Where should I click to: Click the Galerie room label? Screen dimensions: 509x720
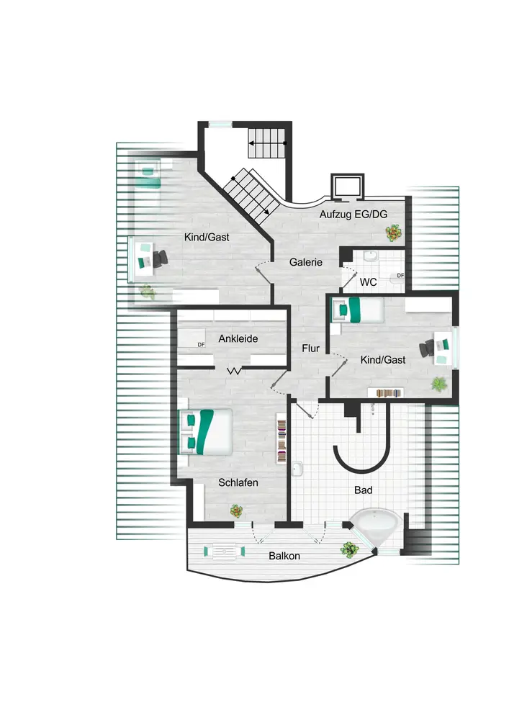(306, 262)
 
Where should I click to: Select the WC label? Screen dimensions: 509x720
(367, 282)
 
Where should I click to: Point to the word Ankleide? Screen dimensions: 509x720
(238, 338)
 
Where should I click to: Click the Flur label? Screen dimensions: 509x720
(310, 348)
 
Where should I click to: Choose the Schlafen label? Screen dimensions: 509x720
(238, 483)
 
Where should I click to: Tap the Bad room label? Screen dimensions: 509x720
(364, 490)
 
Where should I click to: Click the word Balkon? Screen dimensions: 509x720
(284, 556)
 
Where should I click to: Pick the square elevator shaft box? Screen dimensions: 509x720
(343, 186)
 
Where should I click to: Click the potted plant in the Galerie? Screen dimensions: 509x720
(393, 232)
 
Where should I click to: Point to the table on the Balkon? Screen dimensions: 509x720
(224, 552)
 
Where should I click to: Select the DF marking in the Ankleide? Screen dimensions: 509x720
(202, 344)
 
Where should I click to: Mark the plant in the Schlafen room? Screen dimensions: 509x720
(236, 510)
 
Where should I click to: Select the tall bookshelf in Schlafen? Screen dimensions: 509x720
(281, 441)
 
